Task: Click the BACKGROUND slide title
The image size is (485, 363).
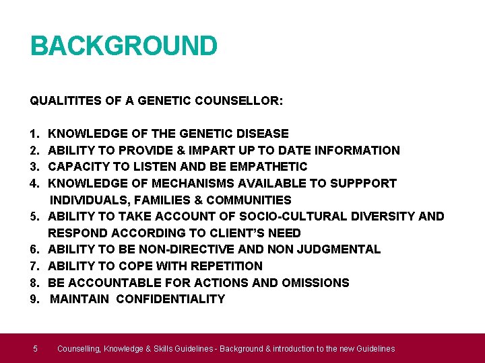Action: pos(124,46)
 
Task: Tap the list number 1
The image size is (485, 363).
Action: pos(34,134)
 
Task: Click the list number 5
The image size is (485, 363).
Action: pos(34,216)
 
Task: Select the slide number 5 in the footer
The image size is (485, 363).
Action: pos(35,348)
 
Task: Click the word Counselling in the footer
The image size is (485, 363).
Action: pos(80,348)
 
